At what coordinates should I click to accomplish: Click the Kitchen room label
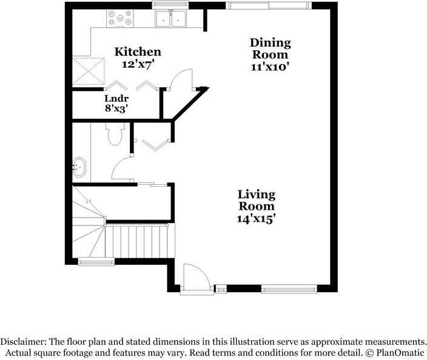(138, 52)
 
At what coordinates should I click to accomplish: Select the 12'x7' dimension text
(138, 64)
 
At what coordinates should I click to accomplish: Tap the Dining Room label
(271, 48)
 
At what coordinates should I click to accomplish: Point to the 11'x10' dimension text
(271, 67)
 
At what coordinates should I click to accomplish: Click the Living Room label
(256, 200)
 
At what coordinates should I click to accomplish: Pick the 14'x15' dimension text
(256, 219)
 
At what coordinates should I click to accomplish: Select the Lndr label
(115, 98)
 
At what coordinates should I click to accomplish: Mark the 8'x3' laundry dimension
(115, 109)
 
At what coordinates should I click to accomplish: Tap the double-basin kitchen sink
(170, 19)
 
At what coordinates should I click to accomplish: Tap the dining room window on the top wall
(271, 5)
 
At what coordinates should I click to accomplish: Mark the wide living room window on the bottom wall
(289, 290)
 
